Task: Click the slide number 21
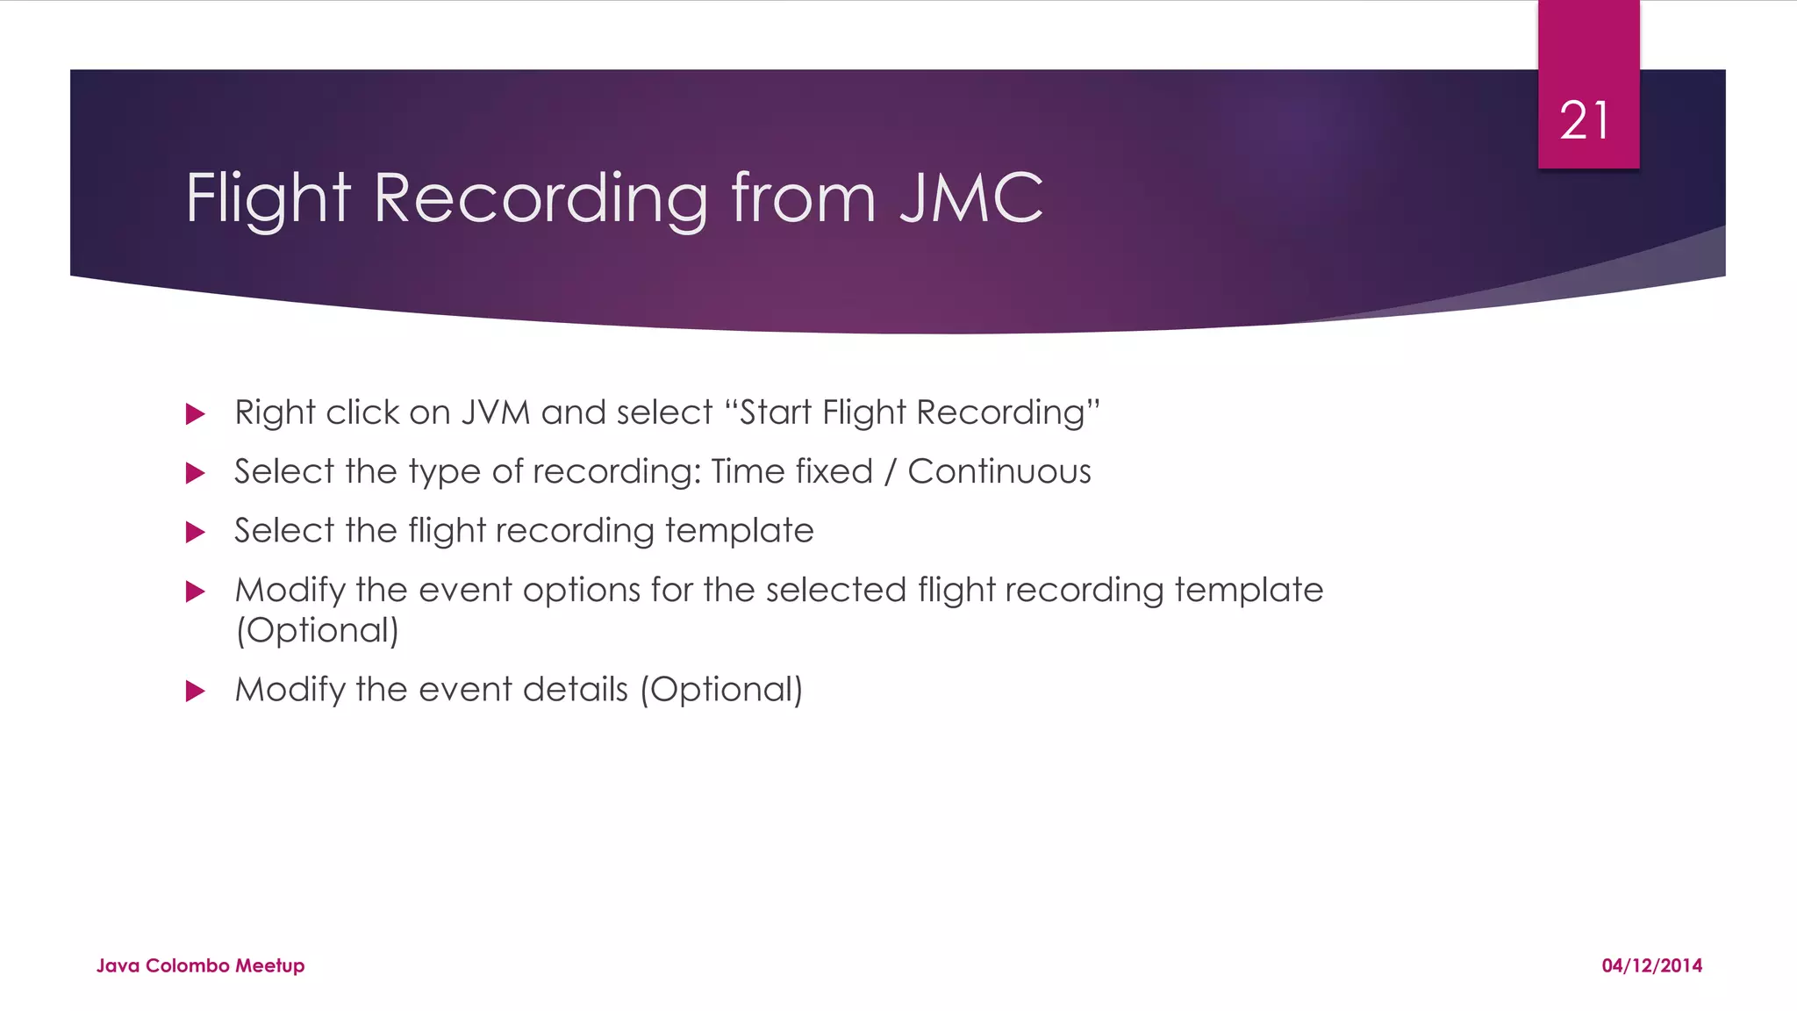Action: [x=1585, y=120]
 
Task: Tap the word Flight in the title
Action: [x=268, y=198]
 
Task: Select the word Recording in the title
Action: [x=541, y=198]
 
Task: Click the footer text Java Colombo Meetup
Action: [x=200, y=965]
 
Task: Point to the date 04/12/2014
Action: [x=1651, y=965]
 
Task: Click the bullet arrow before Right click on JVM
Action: [x=196, y=414]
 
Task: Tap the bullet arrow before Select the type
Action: [x=196, y=474]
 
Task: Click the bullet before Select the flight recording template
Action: [x=196, y=533]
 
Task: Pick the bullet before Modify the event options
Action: [x=196, y=592]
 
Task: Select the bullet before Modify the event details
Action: [x=196, y=692]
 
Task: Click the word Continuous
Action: [x=999, y=472]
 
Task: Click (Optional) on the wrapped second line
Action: [x=318, y=631]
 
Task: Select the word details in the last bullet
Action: [x=576, y=690]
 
